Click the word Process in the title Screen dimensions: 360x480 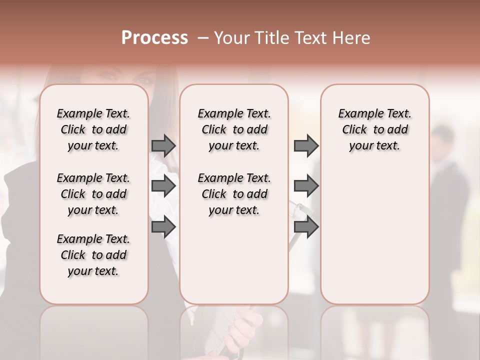[154, 38]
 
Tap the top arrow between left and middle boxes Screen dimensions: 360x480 [163, 145]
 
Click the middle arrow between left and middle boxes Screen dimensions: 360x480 [163, 186]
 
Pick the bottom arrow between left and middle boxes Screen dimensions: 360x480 [163, 227]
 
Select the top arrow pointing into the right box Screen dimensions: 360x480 [306, 145]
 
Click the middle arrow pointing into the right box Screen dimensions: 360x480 [306, 186]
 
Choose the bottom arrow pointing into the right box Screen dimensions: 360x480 [306, 227]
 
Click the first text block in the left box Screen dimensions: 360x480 [93, 129]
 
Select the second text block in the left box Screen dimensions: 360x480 [93, 194]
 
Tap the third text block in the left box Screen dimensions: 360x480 [93, 255]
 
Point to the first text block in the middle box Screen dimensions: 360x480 [234, 129]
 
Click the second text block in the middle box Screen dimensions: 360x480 [234, 194]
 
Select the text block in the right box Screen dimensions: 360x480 [375, 129]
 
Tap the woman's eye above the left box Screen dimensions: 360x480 [107, 76]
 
